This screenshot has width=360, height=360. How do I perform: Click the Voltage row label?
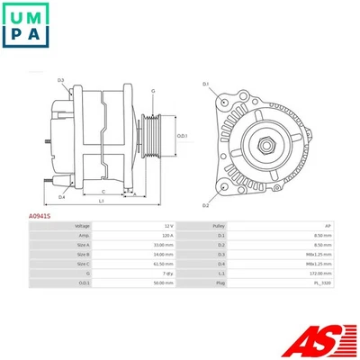pyautogui.click(x=82, y=226)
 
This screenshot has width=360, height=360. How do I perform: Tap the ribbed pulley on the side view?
pyautogui.click(x=153, y=136)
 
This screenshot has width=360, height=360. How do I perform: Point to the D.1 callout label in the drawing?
pyautogui.click(x=205, y=84)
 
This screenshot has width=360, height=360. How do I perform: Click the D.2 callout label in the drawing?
pyautogui.click(x=205, y=181)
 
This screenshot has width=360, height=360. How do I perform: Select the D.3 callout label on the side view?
pyautogui.click(x=61, y=81)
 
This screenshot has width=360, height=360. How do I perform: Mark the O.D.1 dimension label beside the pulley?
pyautogui.click(x=181, y=136)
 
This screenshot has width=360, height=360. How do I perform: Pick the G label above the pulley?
pyautogui.click(x=153, y=91)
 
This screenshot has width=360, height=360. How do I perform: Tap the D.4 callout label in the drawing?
pyautogui.click(x=61, y=196)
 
